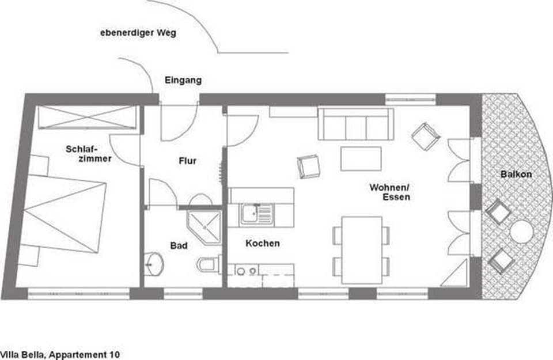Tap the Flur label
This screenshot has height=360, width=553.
tap(187, 161)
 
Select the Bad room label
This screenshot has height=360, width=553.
tap(179, 246)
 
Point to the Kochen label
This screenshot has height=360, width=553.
tap(263, 244)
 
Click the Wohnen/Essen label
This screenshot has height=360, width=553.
tap(390, 192)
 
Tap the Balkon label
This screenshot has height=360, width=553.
tap(516, 174)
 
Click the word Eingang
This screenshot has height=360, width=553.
tap(183, 80)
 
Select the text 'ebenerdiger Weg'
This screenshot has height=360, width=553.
tap(138, 33)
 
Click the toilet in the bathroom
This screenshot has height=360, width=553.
tap(207, 265)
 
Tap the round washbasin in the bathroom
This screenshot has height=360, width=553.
tap(154, 264)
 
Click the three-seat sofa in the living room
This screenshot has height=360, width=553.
tap(355, 124)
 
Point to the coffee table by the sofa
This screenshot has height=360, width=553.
tap(361, 158)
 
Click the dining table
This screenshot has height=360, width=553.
tap(361, 249)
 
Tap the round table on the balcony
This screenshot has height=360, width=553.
tap(521, 232)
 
